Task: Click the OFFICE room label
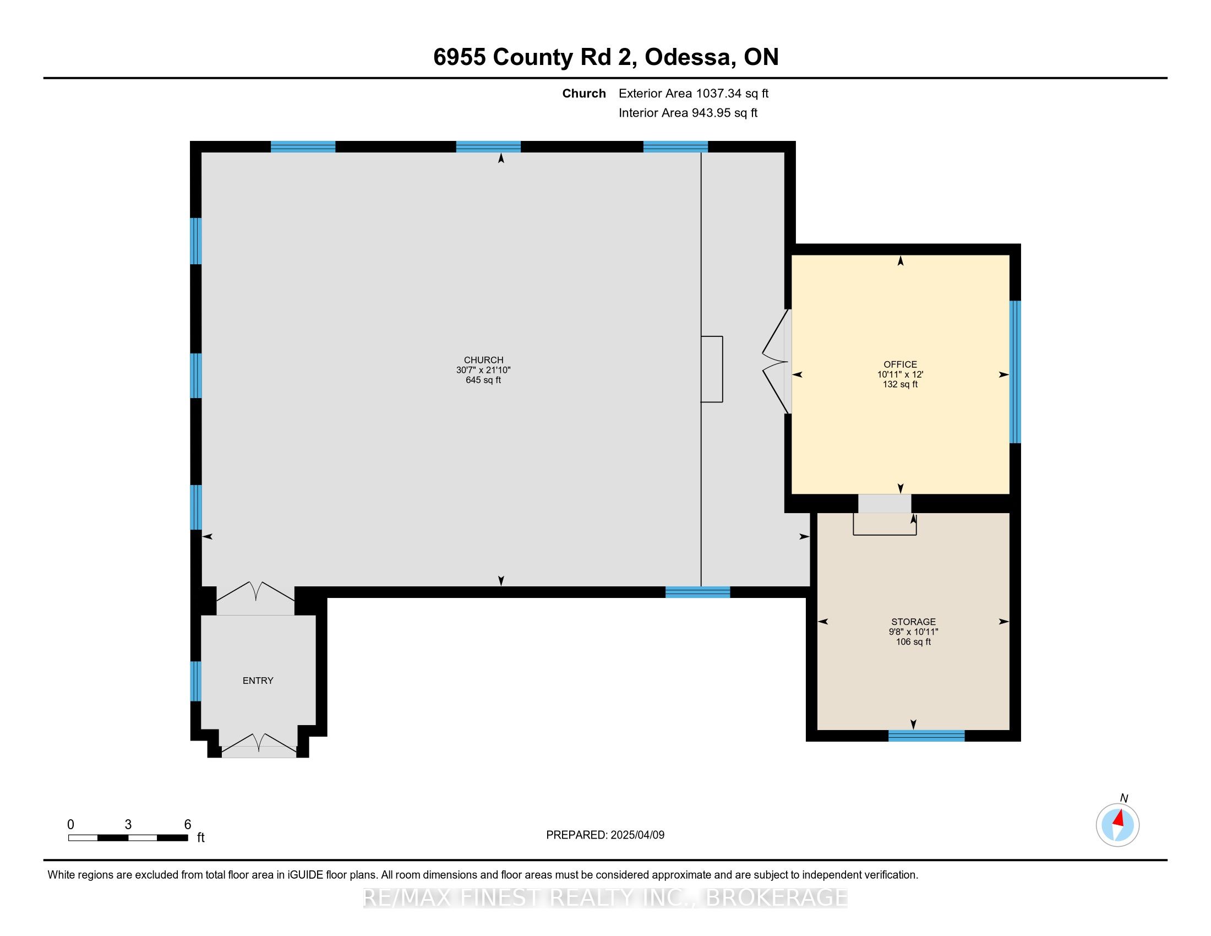[x=900, y=364]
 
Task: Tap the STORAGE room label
[x=913, y=622]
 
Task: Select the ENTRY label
[x=258, y=681]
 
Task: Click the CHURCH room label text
[x=483, y=360]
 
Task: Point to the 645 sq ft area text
[x=483, y=380]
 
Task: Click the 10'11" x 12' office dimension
[x=900, y=374]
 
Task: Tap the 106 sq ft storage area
[x=913, y=642]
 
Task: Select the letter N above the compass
[x=1124, y=798]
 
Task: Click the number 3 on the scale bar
[x=128, y=825]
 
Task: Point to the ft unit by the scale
[x=201, y=838]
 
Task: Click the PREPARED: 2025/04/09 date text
[x=605, y=835]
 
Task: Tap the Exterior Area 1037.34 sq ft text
[x=693, y=94]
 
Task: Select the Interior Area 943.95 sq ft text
[x=688, y=113]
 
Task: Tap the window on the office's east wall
[x=1014, y=372]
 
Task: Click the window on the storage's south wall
[x=926, y=736]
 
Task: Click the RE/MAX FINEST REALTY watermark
[x=605, y=898]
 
